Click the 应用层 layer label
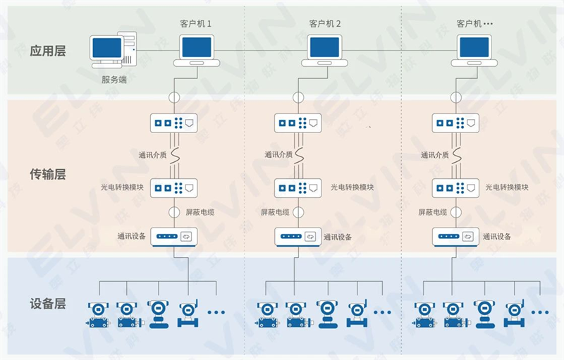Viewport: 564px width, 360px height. click(x=47, y=51)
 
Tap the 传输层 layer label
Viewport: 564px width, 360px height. click(x=47, y=174)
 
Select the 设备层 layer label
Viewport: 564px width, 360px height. click(x=47, y=304)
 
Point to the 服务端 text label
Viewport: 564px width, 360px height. click(x=114, y=80)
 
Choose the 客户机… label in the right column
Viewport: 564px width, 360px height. click(x=474, y=23)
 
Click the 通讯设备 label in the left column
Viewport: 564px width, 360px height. click(x=132, y=237)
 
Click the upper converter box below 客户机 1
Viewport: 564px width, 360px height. click(x=174, y=123)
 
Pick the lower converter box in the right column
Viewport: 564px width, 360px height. click(x=455, y=188)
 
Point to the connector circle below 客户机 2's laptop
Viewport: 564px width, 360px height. click(x=298, y=96)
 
